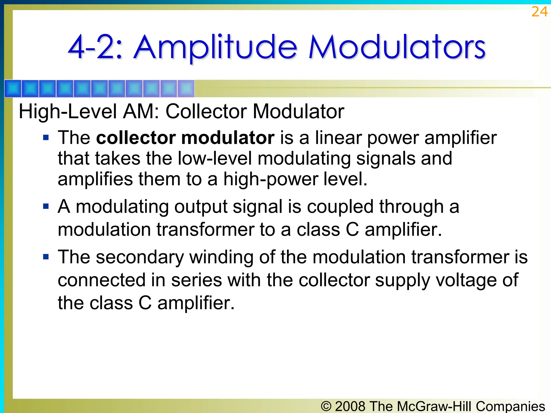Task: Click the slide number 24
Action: [539, 12]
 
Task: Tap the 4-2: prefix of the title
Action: [96, 48]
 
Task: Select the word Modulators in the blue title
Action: [397, 48]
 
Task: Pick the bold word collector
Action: [136, 138]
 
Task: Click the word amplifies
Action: [95, 179]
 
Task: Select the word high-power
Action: [271, 179]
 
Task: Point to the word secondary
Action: [140, 257]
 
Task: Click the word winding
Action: [221, 257]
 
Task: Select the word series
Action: [196, 280]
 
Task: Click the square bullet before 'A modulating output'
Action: [46, 206]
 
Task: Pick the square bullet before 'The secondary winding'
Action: [46, 257]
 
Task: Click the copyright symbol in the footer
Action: [326, 406]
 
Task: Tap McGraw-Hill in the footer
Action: [434, 406]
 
